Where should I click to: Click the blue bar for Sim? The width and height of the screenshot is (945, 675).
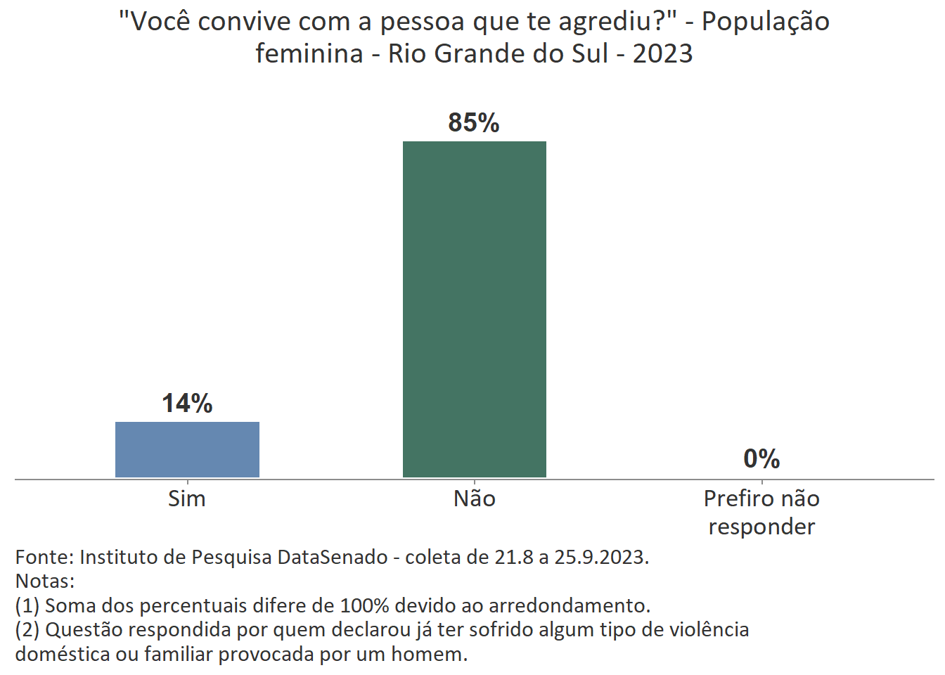click(187, 449)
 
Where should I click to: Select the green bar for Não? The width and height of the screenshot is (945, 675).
click(475, 309)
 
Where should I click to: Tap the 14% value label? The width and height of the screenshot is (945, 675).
click(187, 404)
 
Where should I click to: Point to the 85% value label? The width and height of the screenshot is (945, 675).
click(474, 123)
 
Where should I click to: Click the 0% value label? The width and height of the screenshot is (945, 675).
click(761, 459)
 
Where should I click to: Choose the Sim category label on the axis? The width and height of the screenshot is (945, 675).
click(187, 499)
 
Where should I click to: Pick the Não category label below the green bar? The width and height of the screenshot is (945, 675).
click(475, 499)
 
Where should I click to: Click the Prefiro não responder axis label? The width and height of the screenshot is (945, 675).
click(761, 513)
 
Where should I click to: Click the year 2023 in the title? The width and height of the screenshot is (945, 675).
click(662, 54)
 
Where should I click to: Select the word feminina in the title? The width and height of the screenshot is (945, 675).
click(309, 54)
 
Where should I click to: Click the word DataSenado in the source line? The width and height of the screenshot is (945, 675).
click(332, 558)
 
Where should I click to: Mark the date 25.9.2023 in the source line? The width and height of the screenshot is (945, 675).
click(601, 558)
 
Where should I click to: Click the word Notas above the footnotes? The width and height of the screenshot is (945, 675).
click(44, 581)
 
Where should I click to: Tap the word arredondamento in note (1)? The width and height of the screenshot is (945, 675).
click(569, 605)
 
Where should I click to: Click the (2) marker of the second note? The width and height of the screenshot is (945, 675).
click(27, 629)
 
